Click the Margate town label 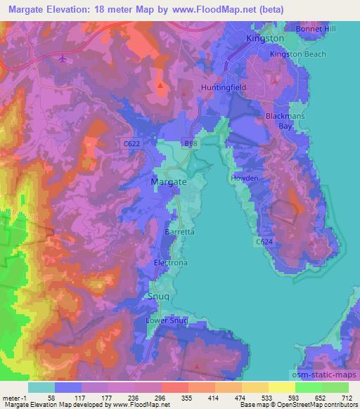pyautogui.click(x=169, y=181)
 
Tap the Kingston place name pyautogui.click(x=265, y=38)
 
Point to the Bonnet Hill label pyautogui.click(x=317, y=28)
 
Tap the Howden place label pyautogui.click(x=245, y=178)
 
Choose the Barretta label pyautogui.click(x=179, y=231)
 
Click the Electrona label pyautogui.click(x=171, y=263)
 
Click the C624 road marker pyautogui.click(x=263, y=242)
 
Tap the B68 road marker pyautogui.click(x=191, y=143)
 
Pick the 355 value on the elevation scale pyautogui.click(x=186, y=397)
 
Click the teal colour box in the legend pyautogui.click(x=41, y=387)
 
